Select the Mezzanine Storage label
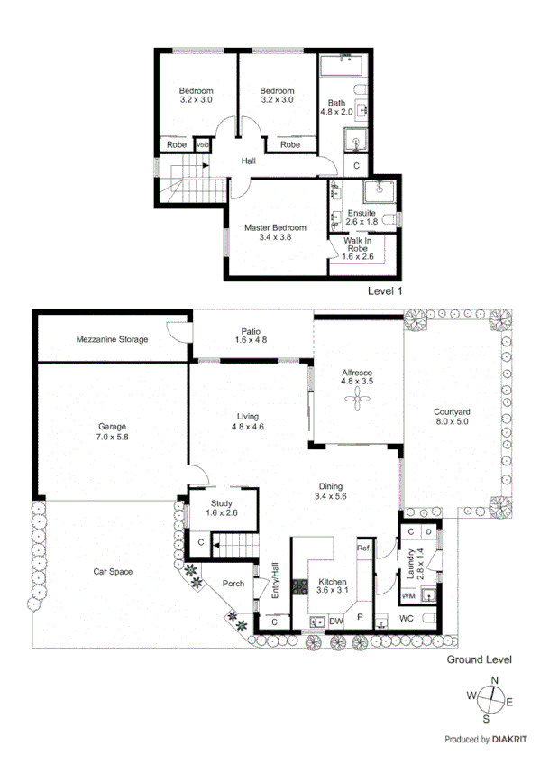(x=112, y=339)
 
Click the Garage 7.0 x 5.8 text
(x=112, y=430)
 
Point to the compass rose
(x=491, y=700)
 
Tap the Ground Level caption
(x=480, y=660)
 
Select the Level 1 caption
(x=385, y=292)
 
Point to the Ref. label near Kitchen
(x=363, y=548)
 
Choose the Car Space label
(x=114, y=572)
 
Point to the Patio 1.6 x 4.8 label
(x=250, y=335)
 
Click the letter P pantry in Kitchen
(x=361, y=618)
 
